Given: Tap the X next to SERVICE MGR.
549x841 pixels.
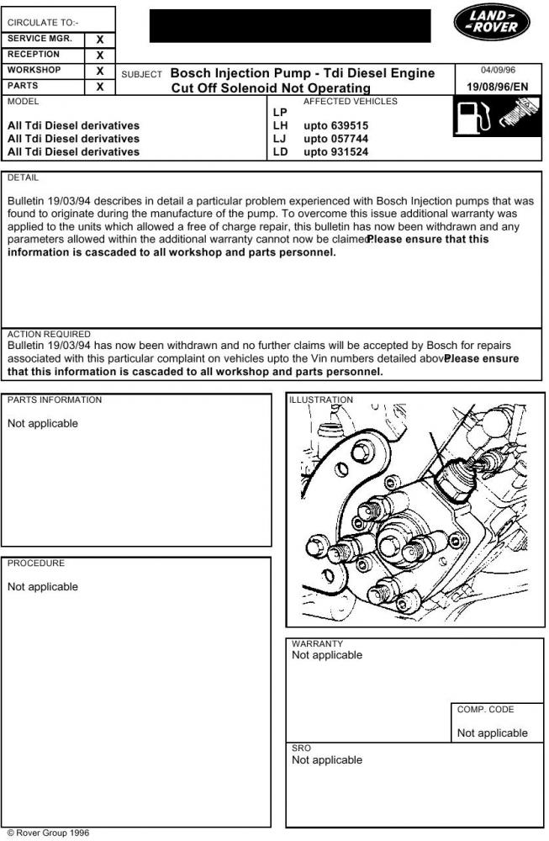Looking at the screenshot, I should (x=100, y=40).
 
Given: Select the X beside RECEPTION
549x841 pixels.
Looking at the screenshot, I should (x=100, y=55).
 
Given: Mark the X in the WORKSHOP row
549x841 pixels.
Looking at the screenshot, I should (x=100, y=71).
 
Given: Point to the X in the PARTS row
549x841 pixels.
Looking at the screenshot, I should (x=100, y=87).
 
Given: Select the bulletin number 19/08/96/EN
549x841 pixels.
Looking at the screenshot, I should (x=498, y=87).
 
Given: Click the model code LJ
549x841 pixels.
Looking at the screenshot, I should (x=281, y=139).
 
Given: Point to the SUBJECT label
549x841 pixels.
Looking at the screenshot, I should (x=141, y=75).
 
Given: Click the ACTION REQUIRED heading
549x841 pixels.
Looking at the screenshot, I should (x=49, y=334).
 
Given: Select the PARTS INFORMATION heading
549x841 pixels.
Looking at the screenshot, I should (x=55, y=400).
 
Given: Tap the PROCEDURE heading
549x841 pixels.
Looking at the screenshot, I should (x=36, y=563).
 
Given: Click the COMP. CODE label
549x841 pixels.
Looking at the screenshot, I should (x=485, y=710).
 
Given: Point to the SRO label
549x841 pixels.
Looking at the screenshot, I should (x=301, y=748).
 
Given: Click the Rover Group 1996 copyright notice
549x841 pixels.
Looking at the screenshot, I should (x=47, y=833).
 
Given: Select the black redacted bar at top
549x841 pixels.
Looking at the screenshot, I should (x=290, y=26).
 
